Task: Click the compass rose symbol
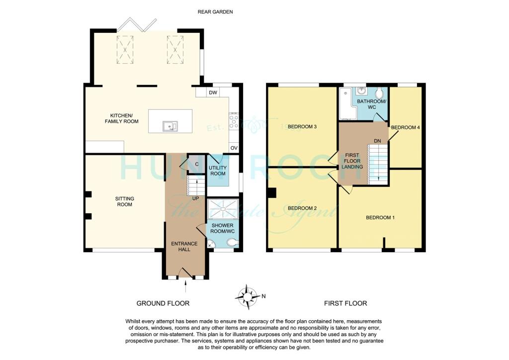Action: point(247,296)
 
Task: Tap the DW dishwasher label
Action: point(213,93)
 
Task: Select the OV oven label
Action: point(234,148)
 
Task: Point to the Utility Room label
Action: point(218,171)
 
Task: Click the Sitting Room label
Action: point(125,201)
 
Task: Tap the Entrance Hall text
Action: point(184,247)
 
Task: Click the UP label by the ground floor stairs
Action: point(195,198)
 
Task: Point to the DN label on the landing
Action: point(377,141)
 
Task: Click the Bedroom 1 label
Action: point(380,217)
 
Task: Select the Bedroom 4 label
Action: point(406,128)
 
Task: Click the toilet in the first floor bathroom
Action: point(380,93)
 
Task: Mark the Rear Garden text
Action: point(215,11)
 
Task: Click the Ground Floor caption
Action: point(163,303)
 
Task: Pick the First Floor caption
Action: point(345,303)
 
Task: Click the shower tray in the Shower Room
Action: point(222,208)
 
